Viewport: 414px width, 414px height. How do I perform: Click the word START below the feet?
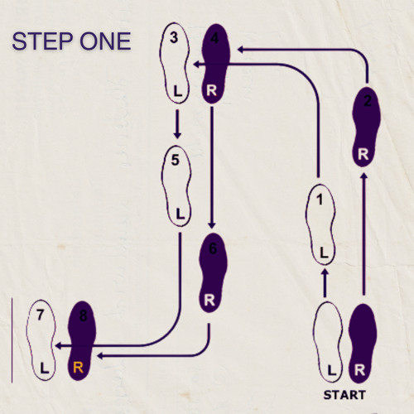pyautogui.click(x=344, y=395)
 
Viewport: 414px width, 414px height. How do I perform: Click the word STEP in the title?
pyautogui.click(x=42, y=41)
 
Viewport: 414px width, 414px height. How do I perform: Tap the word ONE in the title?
pyautogui.click(x=105, y=41)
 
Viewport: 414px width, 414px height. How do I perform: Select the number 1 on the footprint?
pyautogui.click(x=320, y=200)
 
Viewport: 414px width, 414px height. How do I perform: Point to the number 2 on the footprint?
pyautogui.click(x=368, y=101)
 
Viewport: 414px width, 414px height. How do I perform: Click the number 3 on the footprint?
pyautogui.click(x=174, y=37)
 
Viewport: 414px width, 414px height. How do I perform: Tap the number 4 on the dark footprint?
pyautogui.click(x=214, y=38)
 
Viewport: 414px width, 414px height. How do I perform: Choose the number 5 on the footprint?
pyautogui.click(x=176, y=160)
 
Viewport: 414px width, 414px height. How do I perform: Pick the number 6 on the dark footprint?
pyautogui.click(x=213, y=248)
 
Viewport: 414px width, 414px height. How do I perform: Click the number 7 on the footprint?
pyautogui.click(x=41, y=315)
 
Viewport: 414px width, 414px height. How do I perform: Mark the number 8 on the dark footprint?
pyautogui.click(x=83, y=315)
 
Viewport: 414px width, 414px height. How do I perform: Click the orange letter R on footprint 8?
pyautogui.click(x=78, y=368)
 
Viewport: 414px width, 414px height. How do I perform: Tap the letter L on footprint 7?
pyautogui.click(x=44, y=368)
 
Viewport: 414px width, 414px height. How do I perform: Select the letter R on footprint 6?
pyautogui.click(x=209, y=300)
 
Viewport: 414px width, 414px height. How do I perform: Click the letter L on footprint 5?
pyautogui.click(x=180, y=214)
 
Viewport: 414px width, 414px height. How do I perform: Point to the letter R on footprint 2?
pyautogui.click(x=363, y=154)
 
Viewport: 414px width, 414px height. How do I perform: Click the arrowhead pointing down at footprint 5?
pyautogui.click(x=177, y=135)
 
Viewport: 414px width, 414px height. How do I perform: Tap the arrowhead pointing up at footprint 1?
pyautogui.click(x=325, y=272)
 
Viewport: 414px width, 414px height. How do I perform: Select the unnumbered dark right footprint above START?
pyautogui.click(x=363, y=344)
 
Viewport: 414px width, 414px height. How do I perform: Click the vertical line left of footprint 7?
pyautogui.click(x=12, y=340)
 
